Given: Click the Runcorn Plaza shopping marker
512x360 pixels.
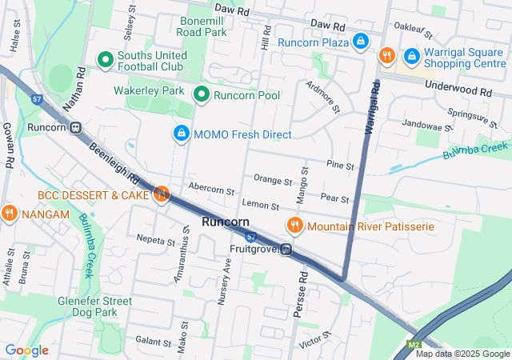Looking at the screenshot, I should pyautogui.click(x=361, y=40).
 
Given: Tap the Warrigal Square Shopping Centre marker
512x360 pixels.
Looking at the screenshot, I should pyautogui.click(x=411, y=55).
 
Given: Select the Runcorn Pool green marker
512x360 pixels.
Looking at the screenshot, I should pyautogui.click(x=202, y=95).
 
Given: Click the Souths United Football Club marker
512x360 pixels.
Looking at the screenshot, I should pyautogui.click(x=105, y=59).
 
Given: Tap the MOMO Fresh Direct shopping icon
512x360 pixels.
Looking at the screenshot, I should pyautogui.click(x=182, y=133).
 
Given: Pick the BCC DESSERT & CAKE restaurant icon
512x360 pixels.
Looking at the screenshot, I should pyautogui.click(x=162, y=194).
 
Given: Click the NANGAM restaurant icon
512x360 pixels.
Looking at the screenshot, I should pyautogui.click(x=9, y=213).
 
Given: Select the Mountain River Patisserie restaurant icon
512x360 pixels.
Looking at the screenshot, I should pyautogui.click(x=294, y=226).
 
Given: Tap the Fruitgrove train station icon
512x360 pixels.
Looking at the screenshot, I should pyautogui.click(x=285, y=250).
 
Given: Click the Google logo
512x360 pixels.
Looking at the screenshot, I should pyautogui.click(x=26, y=350).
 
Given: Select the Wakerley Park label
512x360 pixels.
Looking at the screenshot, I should pyautogui.click(x=149, y=91).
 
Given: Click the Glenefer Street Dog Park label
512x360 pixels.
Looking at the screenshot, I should pyautogui.click(x=94, y=306).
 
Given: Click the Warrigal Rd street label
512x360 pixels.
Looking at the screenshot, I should pyautogui.click(x=370, y=109).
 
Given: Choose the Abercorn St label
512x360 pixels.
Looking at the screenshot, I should pyautogui.click(x=211, y=192).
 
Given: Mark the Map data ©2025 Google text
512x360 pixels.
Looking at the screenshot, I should pyautogui.click(x=462, y=354).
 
